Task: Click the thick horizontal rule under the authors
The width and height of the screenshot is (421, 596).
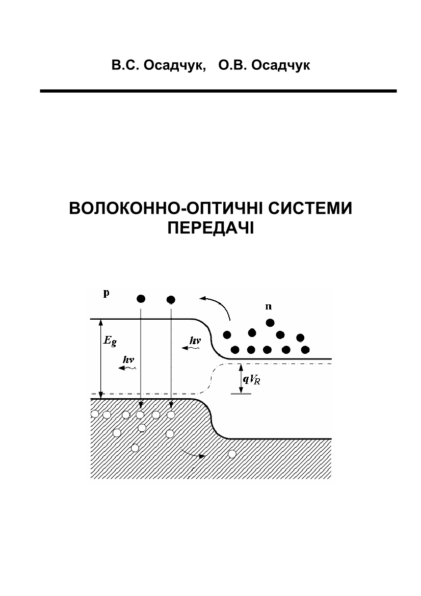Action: pos(218,91)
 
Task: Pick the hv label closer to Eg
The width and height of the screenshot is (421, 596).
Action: pos(128,359)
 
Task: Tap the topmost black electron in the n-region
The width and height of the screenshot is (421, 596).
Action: pos(270,322)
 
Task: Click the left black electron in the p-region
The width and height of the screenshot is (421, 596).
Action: pos(141,298)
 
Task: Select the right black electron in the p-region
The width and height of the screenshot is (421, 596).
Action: pos(171,299)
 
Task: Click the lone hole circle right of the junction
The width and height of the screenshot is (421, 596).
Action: pos(232,454)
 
